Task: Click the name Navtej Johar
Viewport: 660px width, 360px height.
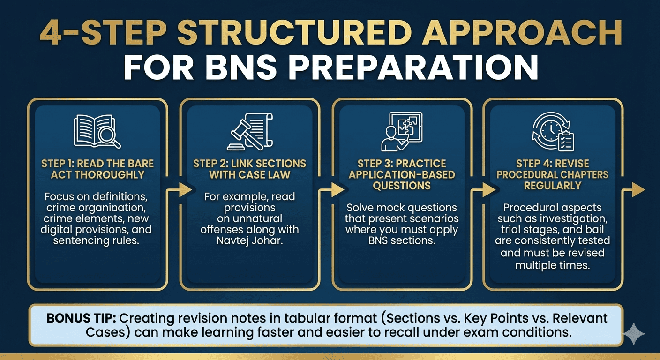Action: coord(249,241)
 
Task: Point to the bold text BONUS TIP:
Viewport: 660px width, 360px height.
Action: coord(82,318)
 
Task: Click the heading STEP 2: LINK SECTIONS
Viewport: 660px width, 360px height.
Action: coord(249,164)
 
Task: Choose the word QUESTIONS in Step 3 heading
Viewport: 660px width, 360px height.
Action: coord(401,186)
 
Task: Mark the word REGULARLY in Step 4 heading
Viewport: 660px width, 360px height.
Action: coord(552,186)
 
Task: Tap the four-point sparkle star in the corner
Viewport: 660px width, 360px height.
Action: coord(634,334)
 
